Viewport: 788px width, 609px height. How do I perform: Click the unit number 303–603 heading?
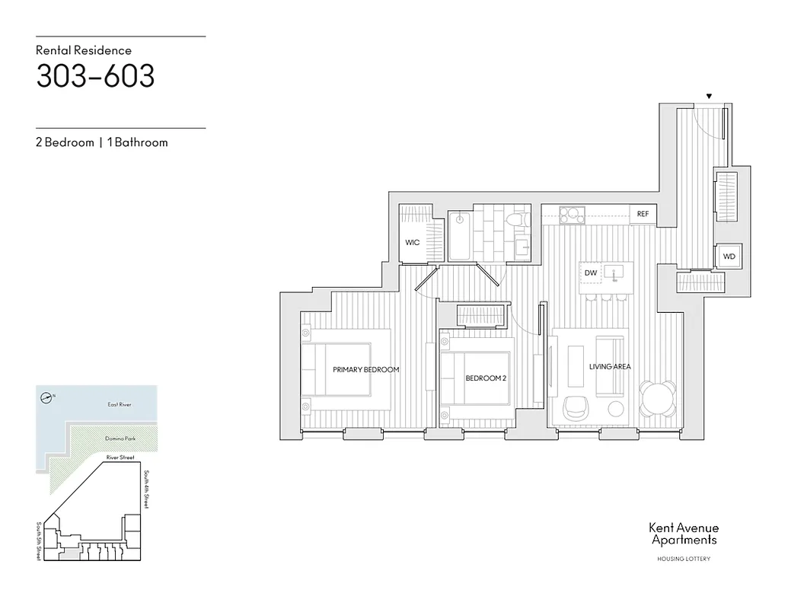(95, 76)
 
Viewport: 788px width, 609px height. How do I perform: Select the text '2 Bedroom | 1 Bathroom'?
(101, 142)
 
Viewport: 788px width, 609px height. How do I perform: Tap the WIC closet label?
(412, 243)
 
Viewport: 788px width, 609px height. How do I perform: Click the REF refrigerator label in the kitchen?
(643, 215)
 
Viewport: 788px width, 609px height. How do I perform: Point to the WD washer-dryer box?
(729, 257)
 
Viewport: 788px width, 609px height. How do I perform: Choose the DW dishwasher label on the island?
(590, 273)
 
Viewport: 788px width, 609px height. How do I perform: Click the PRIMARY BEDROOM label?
(365, 369)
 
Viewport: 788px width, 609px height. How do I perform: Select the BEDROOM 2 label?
(486, 378)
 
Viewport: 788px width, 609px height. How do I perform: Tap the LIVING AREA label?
(610, 367)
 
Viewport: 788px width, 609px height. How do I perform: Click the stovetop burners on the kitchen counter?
(572, 215)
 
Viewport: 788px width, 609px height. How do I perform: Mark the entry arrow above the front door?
(709, 97)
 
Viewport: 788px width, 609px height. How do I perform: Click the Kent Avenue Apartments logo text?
(683, 534)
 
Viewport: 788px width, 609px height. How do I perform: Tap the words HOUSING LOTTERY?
(683, 560)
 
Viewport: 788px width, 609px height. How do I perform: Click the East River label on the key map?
(119, 405)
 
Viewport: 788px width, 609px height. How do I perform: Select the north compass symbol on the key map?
(47, 397)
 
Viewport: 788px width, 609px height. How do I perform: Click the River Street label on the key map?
(120, 458)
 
